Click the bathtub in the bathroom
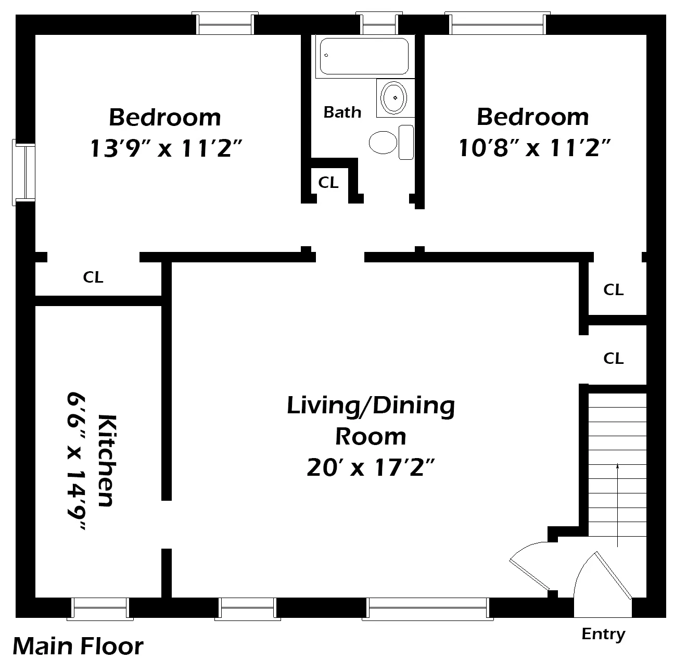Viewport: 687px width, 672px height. (x=364, y=56)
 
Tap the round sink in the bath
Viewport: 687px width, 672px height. (x=395, y=97)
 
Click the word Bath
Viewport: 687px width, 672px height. (x=342, y=112)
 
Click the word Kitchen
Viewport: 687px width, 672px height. (x=106, y=460)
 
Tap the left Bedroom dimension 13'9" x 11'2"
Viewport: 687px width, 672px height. (x=166, y=148)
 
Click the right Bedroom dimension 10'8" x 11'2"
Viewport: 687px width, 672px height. (x=533, y=148)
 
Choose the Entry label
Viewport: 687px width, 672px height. (x=603, y=634)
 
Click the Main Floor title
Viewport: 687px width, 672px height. (x=78, y=646)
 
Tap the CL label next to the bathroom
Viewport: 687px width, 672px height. (x=328, y=183)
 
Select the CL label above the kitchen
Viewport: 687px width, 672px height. (x=93, y=277)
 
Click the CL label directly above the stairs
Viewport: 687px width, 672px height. (x=613, y=358)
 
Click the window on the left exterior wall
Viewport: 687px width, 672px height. (x=24, y=172)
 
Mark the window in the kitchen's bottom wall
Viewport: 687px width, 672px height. (x=100, y=608)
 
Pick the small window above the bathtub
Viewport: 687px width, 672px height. (x=379, y=24)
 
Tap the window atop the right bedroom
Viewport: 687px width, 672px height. (x=499, y=24)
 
